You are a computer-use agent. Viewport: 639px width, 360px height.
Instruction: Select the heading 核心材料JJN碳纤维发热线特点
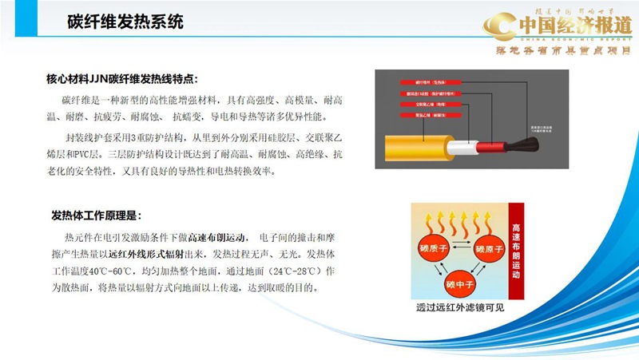click(x=121, y=79)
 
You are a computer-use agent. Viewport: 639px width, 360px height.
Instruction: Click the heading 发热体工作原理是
click(x=97, y=216)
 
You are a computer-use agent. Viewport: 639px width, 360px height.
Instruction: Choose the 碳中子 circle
click(x=461, y=283)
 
